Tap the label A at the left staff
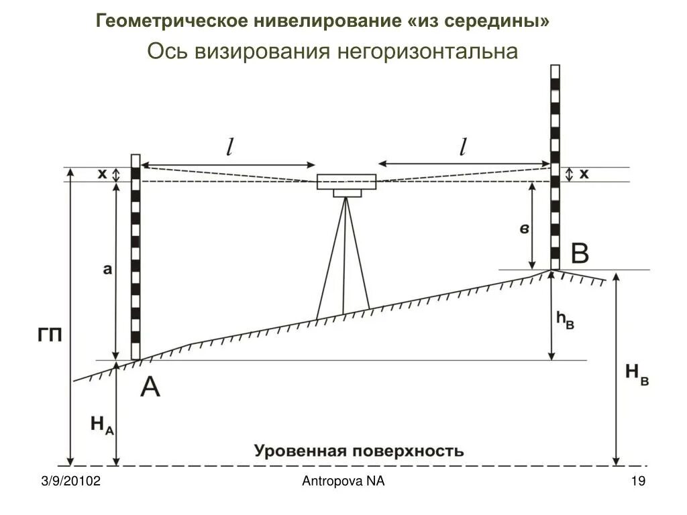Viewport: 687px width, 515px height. pos(150,387)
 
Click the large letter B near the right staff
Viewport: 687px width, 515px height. pos(579,255)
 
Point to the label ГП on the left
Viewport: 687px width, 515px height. pos(49,335)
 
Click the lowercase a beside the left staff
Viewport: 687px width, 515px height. pos(107,270)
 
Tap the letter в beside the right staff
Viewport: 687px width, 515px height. pos(525,229)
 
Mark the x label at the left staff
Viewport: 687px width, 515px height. pos(102,174)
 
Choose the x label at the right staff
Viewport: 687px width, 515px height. pos(584,174)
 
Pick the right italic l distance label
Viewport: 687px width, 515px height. pos(462,148)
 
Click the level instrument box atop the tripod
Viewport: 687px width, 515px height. pos(347,182)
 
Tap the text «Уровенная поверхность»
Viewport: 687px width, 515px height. pos(358,451)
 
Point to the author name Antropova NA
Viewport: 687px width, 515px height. pos(343,481)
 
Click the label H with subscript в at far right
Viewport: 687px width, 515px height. pos(636,375)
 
